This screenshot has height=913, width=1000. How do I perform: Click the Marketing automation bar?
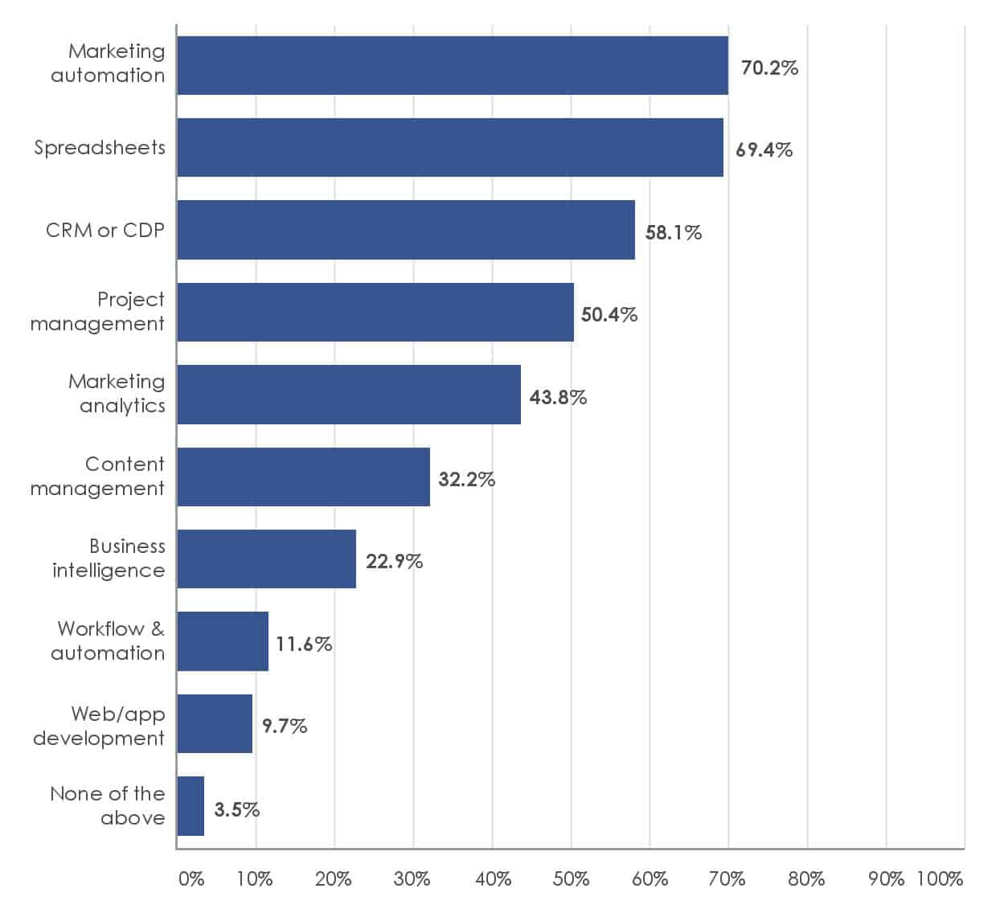tap(452, 65)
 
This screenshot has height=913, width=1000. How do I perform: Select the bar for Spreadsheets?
tap(449, 148)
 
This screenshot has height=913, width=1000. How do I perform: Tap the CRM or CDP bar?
tap(405, 230)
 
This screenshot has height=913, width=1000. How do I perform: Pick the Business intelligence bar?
tap(266, 559)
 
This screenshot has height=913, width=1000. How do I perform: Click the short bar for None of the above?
tap(191, 806)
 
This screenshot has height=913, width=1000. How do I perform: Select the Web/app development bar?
tap(215, 723)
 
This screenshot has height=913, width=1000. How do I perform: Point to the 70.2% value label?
tap(769, 68)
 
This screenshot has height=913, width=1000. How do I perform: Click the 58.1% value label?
tap(673, 232)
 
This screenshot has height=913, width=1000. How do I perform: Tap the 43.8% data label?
tap(558, 397)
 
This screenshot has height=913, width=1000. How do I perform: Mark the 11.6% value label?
tap(304, 644)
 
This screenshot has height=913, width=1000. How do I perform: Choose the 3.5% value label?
tap(236, 809)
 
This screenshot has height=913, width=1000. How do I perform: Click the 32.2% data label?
tap(466, 480)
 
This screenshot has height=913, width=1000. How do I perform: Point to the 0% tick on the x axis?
tap(191, 878)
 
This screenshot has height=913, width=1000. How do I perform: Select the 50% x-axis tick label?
tap(571, 878)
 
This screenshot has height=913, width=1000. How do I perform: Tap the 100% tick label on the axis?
tap(939, 878)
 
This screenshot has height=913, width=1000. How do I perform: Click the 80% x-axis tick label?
tap(806, 878)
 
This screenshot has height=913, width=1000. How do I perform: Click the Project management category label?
tap(97, 311)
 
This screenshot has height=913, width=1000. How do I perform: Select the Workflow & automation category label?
tap(108, 641)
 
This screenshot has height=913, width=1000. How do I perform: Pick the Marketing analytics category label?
tap(117, 393)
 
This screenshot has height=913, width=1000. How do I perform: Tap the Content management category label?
tap(97, 476)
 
